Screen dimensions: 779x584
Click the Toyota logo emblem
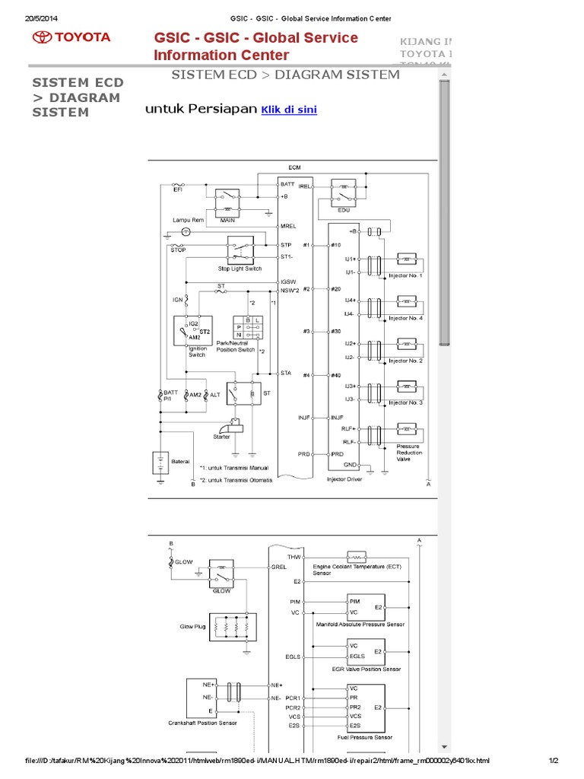pyautogui.click(x=41, y=37)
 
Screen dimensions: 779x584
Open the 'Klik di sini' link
pyautogui.click(x=289, y=110)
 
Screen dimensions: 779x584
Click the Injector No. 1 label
pyautogui.click(x=405, y=275)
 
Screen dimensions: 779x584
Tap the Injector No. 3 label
pyautogui.click(x=405, y=402)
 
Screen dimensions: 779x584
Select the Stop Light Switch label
pyautogui.click(x=240, y=269)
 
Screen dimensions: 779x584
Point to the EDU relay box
pyautogui.click(x=344, y=192)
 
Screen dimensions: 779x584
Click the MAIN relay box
pyautogui.click(x=227, y=202)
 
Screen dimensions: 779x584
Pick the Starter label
pyautogui.click(x=221, y=437)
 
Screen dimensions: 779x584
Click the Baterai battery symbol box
pyautogui.click(x=160, y=463)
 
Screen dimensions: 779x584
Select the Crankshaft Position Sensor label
pyautogui.click(x=202, y=723)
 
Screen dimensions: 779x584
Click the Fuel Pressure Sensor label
pyautogui.click(x=364, y=737)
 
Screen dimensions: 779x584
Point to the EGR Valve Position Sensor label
pyautogui.click(x=367, y=669)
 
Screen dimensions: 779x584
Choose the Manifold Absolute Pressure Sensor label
pyautogui.click(x=360, y=624)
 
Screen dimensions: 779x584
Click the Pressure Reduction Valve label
pyautogui.click(x=409, y=453)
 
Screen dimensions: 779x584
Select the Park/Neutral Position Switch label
pyautogui.click(x=235, y=347)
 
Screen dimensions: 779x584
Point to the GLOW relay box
pyautogui.click(x=221, y=575)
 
